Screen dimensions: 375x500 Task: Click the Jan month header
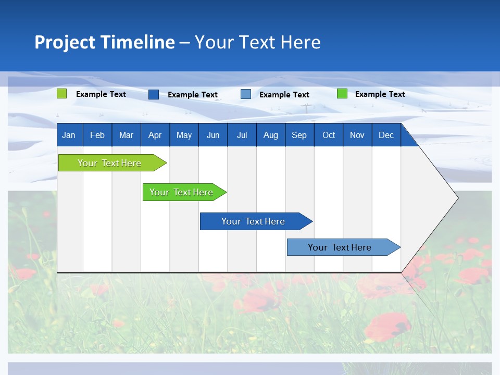click(69, 135)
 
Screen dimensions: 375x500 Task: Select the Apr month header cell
click(155, 135)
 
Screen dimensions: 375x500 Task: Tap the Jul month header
click(242, 135)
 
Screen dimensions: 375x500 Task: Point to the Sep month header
click(299, 135)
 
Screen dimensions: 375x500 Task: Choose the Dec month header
click(386, 135)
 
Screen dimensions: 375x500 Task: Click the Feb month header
click(97, 135)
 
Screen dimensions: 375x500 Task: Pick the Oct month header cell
click(329, 135)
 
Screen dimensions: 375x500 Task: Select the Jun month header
click(213, 135)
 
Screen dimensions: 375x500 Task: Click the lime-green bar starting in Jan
click(109, 163)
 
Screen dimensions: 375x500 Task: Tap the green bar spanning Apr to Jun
click(181, 192)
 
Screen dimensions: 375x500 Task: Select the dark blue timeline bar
click(253, 221)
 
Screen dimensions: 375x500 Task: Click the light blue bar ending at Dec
click(340, 247)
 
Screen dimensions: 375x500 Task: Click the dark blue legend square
click(154, 94)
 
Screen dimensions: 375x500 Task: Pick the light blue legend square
click(246, 94)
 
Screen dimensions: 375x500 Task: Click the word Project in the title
click(65, 42)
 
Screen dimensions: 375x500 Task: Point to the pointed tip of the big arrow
click(457, 197)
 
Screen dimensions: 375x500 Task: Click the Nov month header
click(357, 135)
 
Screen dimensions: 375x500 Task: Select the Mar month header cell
click(126, 135)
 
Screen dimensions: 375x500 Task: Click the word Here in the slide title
click(301, 42)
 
